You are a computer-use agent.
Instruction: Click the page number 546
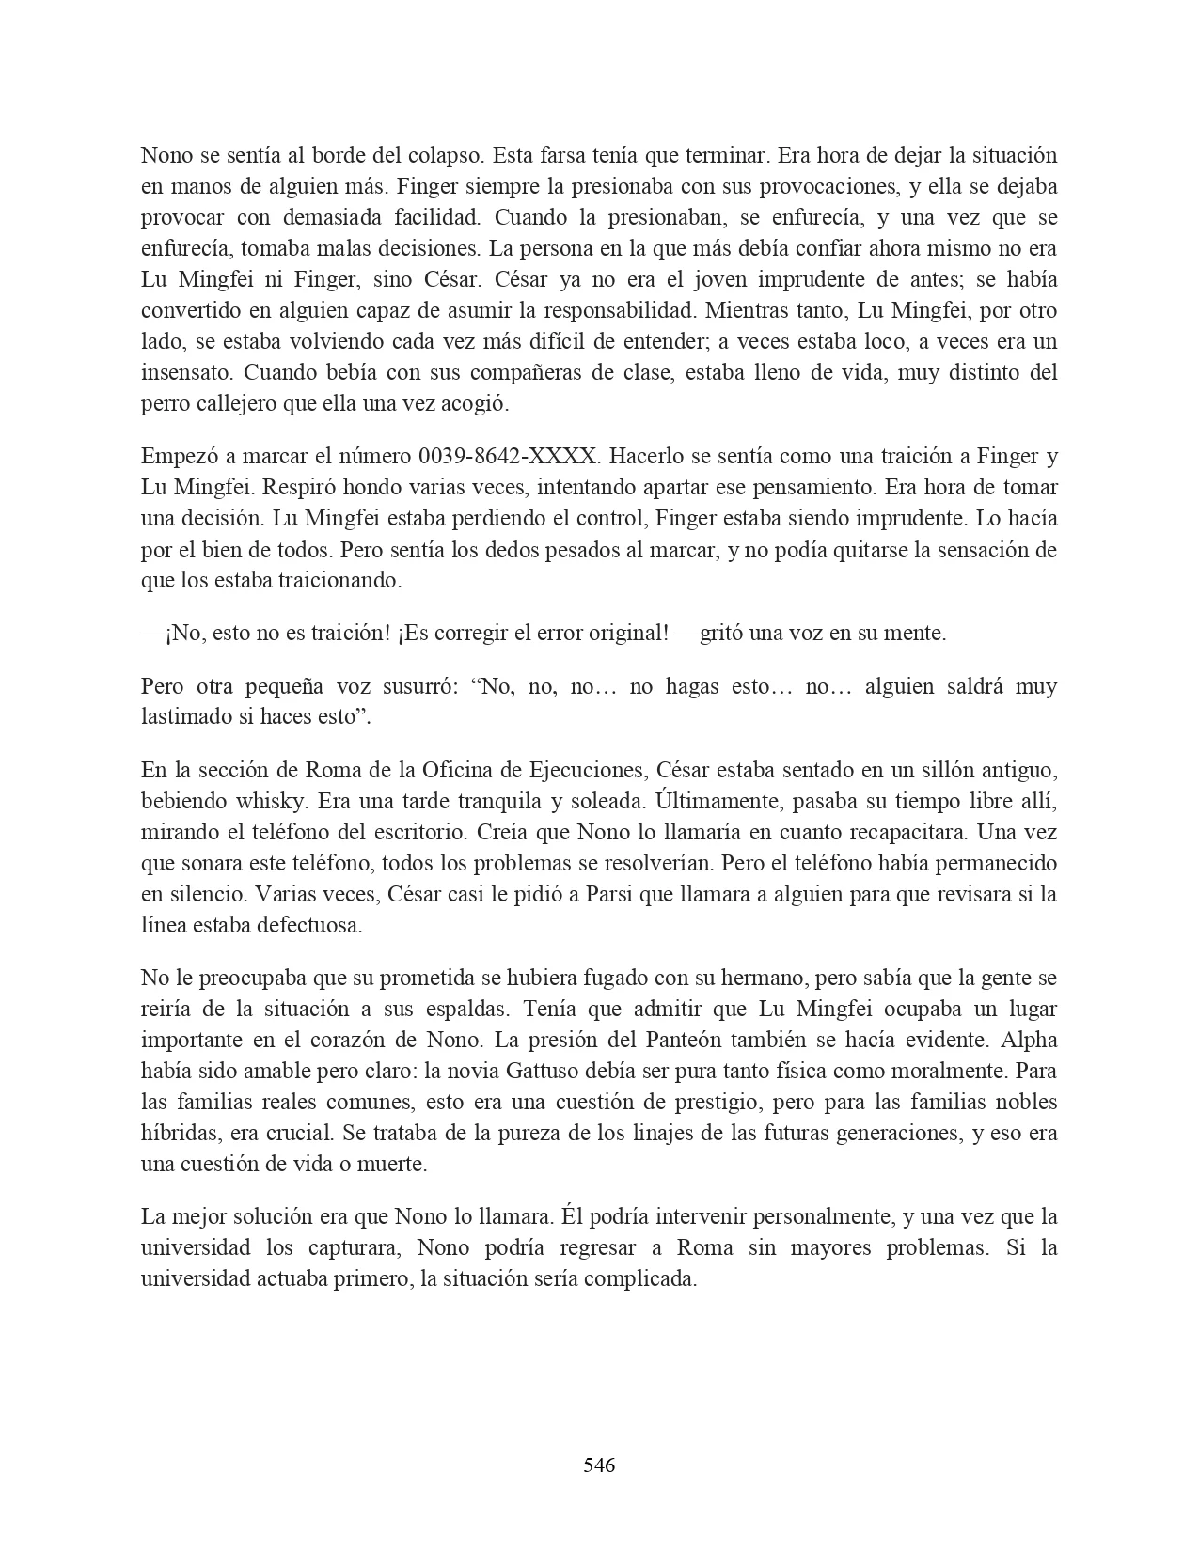[x=599, y=1465]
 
